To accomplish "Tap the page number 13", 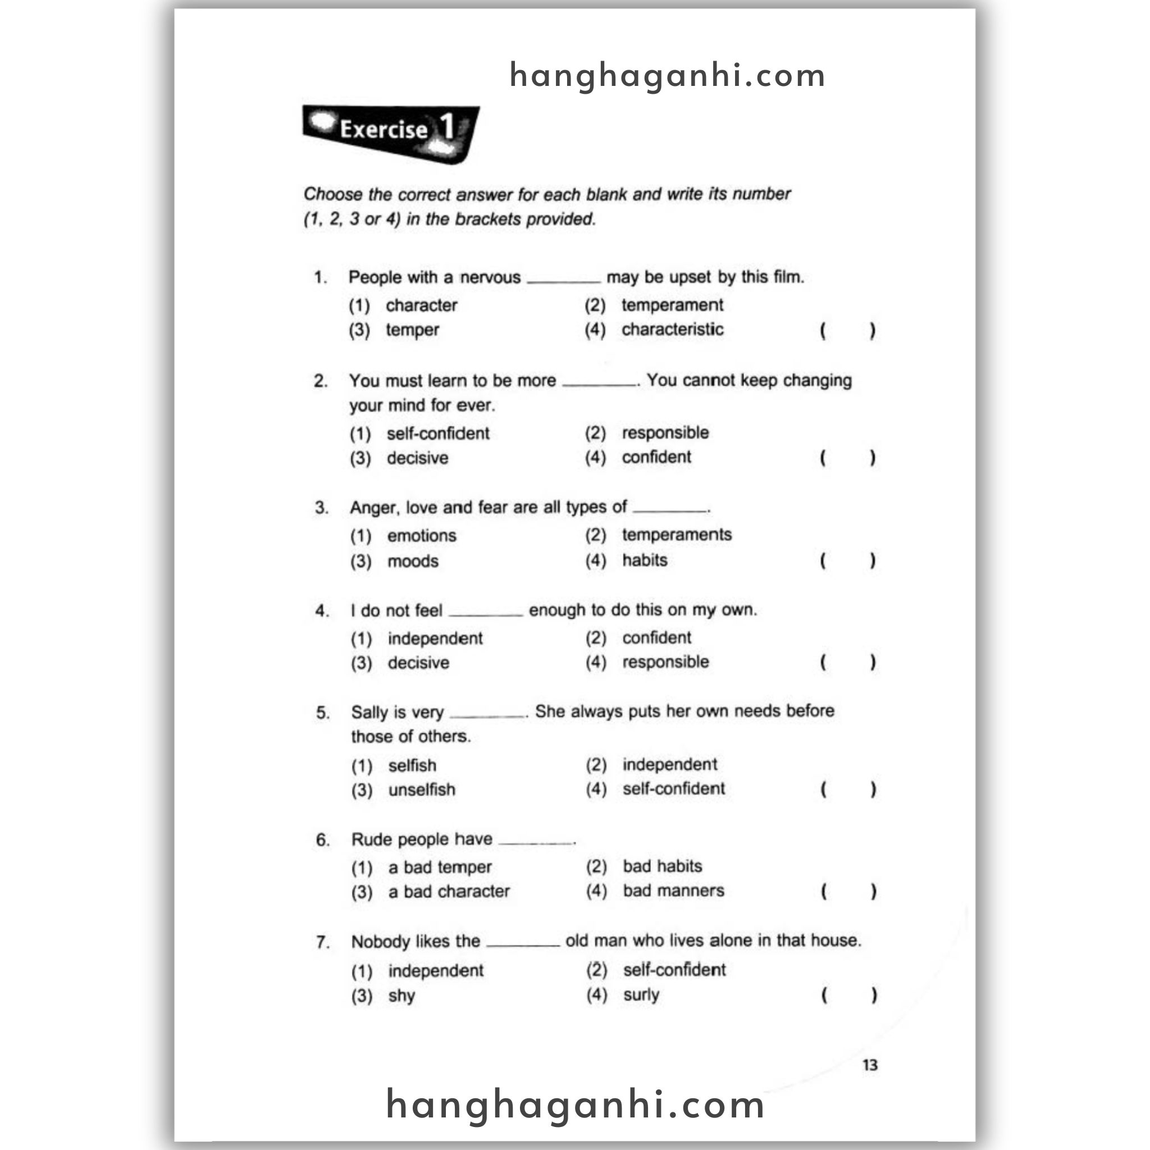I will coord(870,1065).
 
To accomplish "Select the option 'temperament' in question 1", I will coord(672,305).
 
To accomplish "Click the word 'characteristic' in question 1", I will coord(672,329).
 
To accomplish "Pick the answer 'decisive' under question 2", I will coord(417,458).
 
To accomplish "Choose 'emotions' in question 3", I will coord(422,535).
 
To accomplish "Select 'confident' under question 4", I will coord(656,637).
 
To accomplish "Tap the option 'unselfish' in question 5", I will coord(422,790).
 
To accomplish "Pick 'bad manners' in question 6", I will coord(673,891).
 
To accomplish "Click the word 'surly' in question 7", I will coord(641,994).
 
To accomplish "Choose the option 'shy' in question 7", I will coord(401,995).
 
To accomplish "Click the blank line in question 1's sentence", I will coord(563,280).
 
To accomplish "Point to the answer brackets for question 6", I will coord(848,891).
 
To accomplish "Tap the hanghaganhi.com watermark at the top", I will coord(667,76).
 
